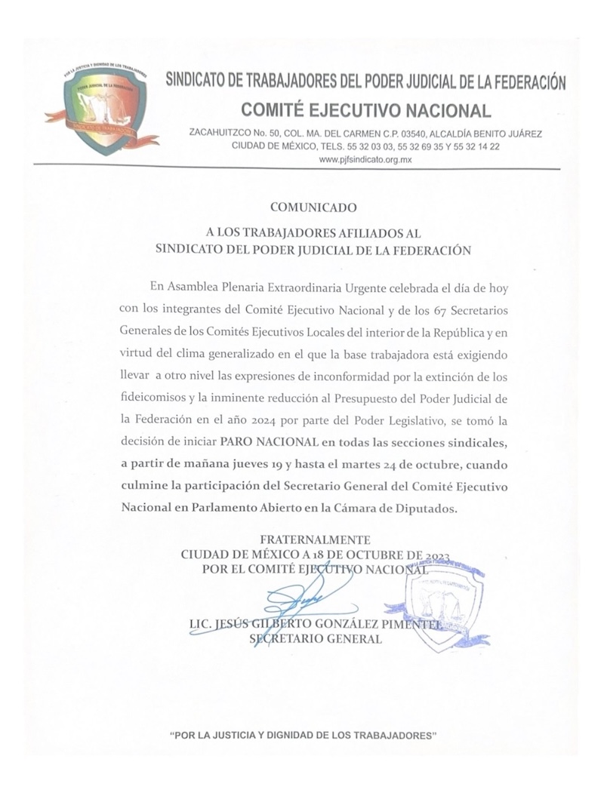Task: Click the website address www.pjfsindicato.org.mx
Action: coord(364,160)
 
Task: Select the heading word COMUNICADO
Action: coord(311,204)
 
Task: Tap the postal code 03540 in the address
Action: coord(387,134)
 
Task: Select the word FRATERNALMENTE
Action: coord(315,539)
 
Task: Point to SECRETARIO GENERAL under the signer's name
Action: coord(316,639)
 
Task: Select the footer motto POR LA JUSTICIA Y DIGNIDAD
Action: coord(304,734)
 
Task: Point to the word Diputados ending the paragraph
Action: coord(428,509)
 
